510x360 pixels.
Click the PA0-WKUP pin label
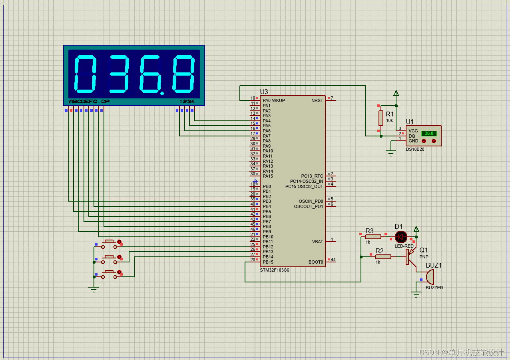(x=274, y=100)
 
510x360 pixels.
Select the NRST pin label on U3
(x=317, y=100)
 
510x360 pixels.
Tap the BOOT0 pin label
(x=316, y=262)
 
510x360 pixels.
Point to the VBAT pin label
(x=317, y=242)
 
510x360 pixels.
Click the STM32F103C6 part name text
(x=275, y=270)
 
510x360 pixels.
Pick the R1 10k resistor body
(x=381, y=118)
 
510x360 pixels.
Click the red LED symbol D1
(x=400, y=236)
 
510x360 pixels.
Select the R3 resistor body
(x=373, y=237)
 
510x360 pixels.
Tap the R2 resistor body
(x=383, y=256)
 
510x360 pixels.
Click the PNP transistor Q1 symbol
(x=410, y=257)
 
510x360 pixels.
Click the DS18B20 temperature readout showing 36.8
(x=429, y=133)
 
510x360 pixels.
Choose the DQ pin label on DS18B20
(x=412, y=136)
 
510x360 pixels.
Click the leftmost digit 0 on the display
(x=86, y=74)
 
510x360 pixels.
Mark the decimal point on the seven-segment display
(x=162, y=94)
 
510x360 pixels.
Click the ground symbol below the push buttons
(x=94, y=289)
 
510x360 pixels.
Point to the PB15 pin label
(x=268, y=262)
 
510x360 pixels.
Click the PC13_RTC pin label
(x=312, y=176)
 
